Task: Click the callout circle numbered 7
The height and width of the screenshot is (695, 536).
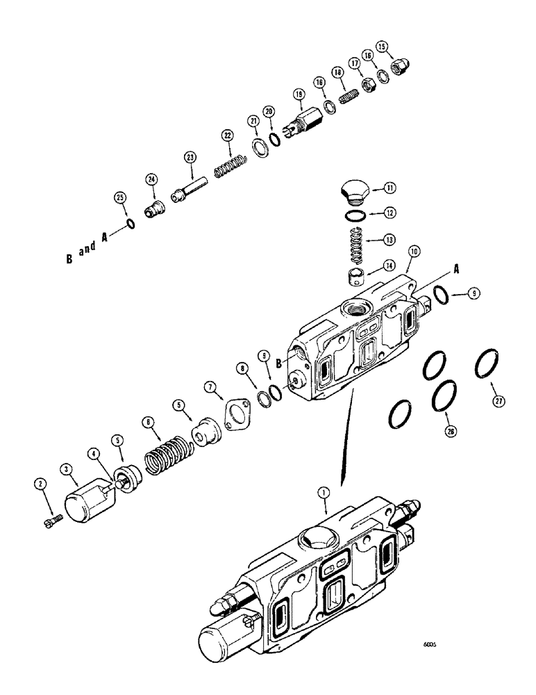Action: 208,386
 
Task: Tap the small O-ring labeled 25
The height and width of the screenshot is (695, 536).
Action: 130,223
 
